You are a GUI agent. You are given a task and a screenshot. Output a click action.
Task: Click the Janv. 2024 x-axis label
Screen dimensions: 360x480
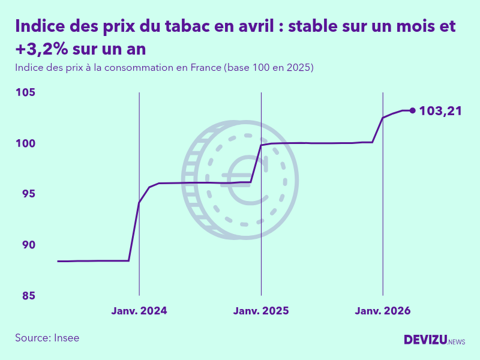click(139, 311)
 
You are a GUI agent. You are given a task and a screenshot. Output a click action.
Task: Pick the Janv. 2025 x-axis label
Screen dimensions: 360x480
click(261, 311)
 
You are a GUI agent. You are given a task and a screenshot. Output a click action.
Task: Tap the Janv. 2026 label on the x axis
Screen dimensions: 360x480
click(383, 311)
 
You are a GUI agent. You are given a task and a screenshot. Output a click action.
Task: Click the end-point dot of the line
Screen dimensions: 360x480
click(412, 110)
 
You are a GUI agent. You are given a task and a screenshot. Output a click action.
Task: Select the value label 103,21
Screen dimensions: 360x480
click(440, 110)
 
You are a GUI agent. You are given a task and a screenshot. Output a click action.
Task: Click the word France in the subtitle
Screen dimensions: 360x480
click(206, 68)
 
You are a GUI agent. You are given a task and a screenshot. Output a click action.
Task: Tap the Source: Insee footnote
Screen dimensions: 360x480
click(47, 338)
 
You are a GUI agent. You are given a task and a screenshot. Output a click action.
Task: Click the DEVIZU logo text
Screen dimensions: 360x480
click(425, 340)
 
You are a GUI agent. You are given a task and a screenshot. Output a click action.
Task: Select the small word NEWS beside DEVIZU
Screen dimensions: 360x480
click(457, 342)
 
